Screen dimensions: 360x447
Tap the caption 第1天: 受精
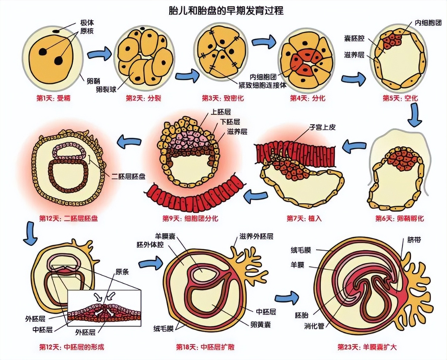pyautogui.click(x=53, y=98)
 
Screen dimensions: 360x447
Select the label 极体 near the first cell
pyautogui.click(x=87, y=23)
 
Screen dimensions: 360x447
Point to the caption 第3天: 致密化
pyautogui.click(x=223, y=98)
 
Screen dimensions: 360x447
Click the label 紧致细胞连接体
pyautogui.click(x=262, y=85)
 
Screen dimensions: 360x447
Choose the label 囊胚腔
pyautogui.click(x=354, y=39)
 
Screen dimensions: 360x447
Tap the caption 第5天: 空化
pyautogui.click(x=400, y=98)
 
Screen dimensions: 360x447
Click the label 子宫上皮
pyautogui.click(x=322, y=127)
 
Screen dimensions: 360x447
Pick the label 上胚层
pyautogui.click(x=221, y=112)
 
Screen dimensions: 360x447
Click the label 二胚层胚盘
pyautogui.click(x=128, y=177)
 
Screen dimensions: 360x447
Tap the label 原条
pyautogui.click(x=122, y=272)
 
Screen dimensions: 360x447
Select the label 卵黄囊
pyautogui.click(x=260, y=324)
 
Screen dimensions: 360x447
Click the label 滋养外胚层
pyautogui.click(x=256, y=236)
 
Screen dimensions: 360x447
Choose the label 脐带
pyautogui.click(x=414, y=240)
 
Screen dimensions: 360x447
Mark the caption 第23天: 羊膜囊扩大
pyautogui.click(x=367, y=347)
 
